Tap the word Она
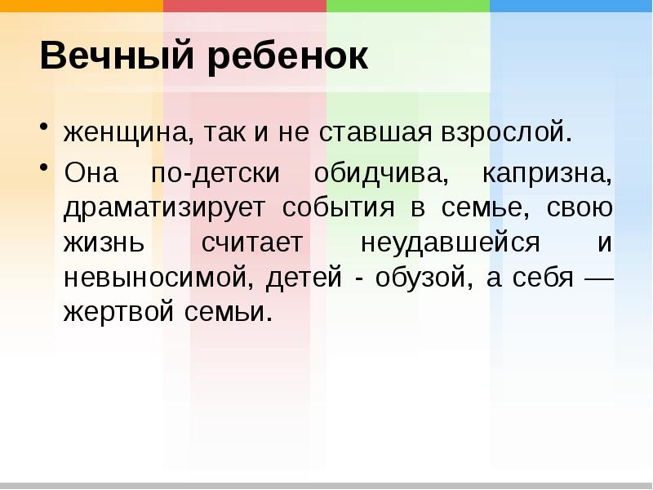click(x=91, y=172)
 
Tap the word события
click(x=340, y=208)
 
